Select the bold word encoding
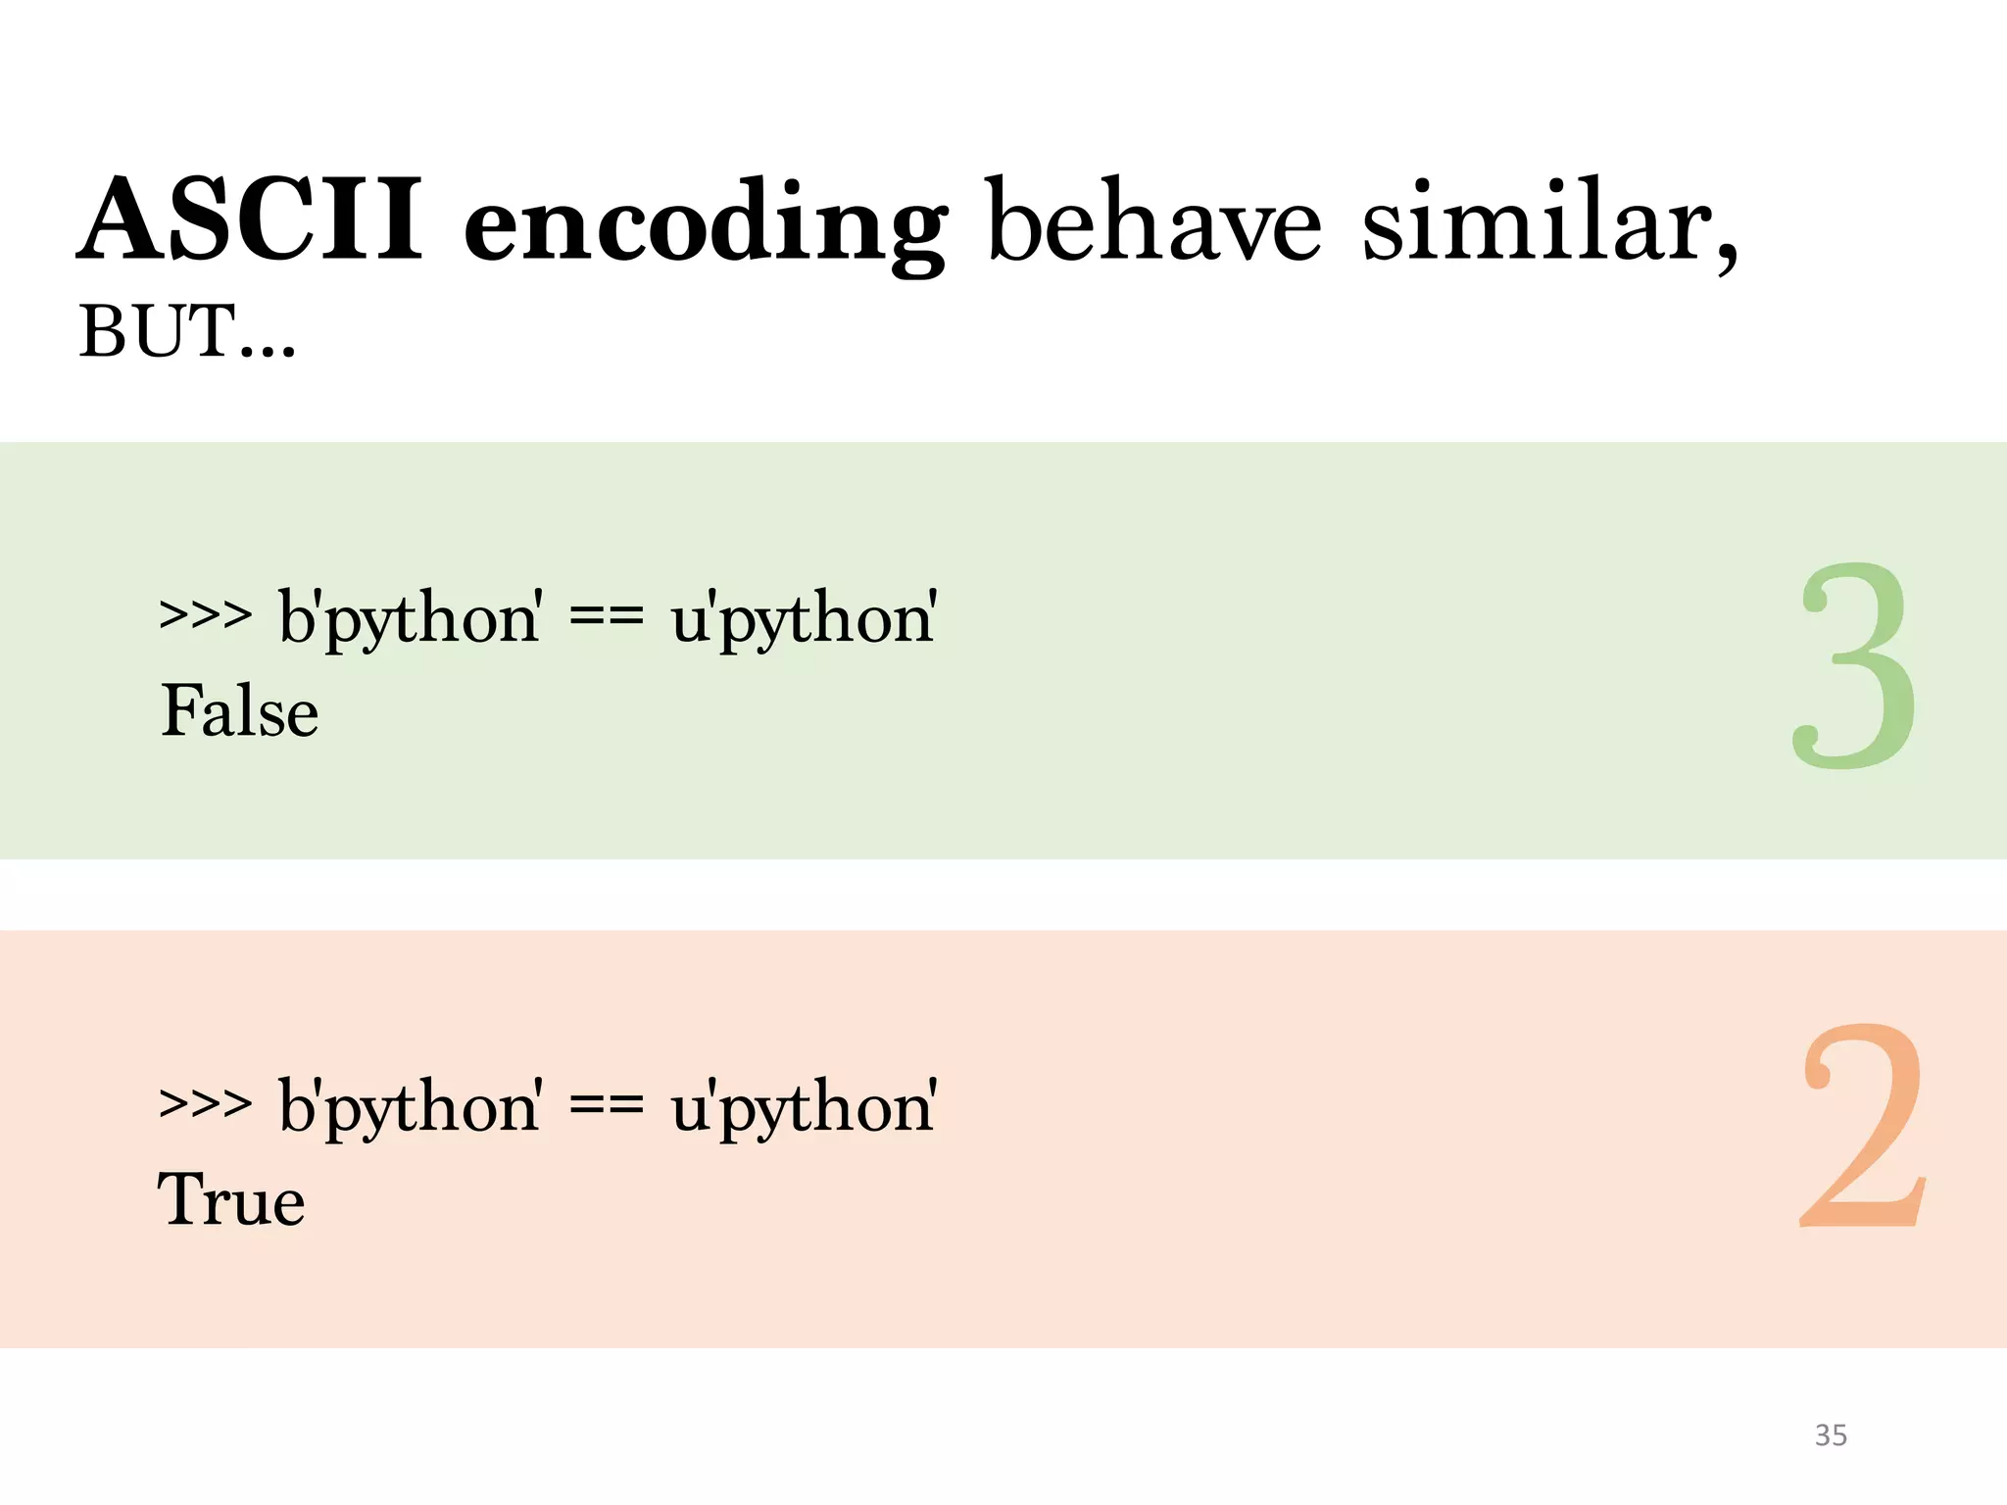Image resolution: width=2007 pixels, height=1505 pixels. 706,225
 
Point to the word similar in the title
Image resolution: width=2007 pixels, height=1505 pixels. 1534,221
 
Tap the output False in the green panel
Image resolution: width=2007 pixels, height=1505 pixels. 239,711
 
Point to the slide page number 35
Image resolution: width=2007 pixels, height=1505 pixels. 1831,1435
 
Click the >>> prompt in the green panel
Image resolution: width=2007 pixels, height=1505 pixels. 206,617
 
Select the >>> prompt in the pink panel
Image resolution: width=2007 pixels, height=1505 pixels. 206,1105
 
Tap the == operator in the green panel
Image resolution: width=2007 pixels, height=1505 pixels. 606,617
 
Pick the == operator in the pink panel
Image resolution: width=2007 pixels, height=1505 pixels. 606,1105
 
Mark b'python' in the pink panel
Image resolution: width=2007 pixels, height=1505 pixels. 410,1107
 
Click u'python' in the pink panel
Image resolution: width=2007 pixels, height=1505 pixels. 804,1107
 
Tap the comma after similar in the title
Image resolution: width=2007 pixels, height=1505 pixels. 1727,257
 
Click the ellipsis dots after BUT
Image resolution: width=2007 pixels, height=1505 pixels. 267,351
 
